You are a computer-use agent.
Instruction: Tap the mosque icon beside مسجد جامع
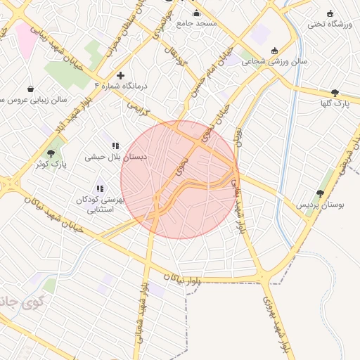click(196, 13)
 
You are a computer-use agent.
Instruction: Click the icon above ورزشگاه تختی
click(330, 13)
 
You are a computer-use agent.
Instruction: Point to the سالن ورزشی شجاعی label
click(275, 61)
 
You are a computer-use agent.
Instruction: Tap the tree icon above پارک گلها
click(335, 93)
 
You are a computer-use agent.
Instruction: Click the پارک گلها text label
click(335, 104)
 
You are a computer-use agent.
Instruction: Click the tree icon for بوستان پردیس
click(321, 193)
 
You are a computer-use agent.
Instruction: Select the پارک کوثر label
click(50, 164)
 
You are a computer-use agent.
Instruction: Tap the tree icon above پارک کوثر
click(51, 153)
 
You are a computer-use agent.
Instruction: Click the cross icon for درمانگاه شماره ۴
click(120, 75)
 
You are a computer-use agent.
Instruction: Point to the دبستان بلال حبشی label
click(117, 157)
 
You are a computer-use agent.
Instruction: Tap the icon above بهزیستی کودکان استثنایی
click(100, 188)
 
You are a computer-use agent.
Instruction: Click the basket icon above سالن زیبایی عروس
click(31, 89)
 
